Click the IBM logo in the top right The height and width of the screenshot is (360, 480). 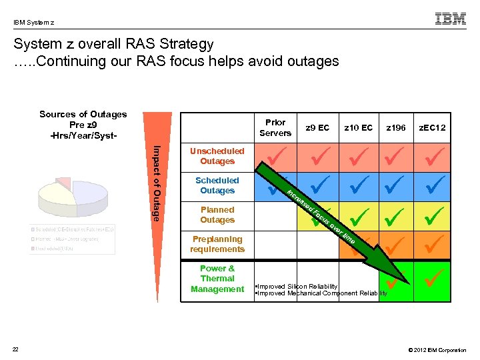pos(450,19)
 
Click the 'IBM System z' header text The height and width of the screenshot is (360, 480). pos(34,23)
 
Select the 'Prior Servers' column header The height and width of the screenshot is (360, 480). pos(275,127)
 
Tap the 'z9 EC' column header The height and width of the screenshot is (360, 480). pos(317,127)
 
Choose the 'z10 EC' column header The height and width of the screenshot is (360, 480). pos(358,127)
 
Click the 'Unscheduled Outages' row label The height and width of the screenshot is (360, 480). pos(217,156)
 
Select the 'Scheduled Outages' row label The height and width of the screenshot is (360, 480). pos(217,185)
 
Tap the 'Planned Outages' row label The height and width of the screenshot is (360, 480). pos(217,215)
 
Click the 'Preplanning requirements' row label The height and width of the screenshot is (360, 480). pos(217,244)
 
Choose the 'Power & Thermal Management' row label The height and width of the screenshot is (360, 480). pos(217,279)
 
